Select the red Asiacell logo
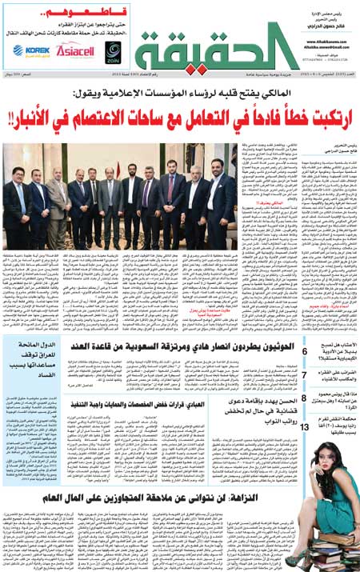click(x=75, y=50)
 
